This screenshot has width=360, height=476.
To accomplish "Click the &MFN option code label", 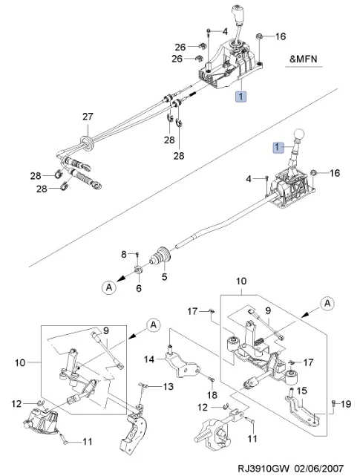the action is pyautogui.click(x=304, y=59).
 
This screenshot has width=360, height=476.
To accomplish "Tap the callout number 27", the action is pyautogui.click(x=88, y=117).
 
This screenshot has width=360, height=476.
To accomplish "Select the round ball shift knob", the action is pyautogui.click(x=299, y=134).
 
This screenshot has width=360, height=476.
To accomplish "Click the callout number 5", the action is pyautogui.click(x=164, y=276).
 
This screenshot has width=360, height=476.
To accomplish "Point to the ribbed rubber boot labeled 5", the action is pyautogui.click(x=160, y=258).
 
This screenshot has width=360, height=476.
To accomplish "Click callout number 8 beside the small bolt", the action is pyautogui.click(x=123, y=254).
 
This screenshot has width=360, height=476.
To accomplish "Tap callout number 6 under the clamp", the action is pyautogui.click(x=139, y=288).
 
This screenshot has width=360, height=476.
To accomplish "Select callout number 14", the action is pyautogui.click(x=149, y=359).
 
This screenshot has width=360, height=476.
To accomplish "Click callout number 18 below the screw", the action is pyautogui.click(x=212, y=394).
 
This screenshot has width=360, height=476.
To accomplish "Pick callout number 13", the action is pyautogui.click(x=168, y=386).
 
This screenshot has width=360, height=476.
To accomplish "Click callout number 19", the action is pyautogui.click(x=345, y=404).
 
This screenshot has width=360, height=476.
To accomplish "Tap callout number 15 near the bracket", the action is pyautogui.click(x=301, y=391).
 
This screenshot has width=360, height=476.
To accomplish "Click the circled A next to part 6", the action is pyautogui.click(x=109, y=287).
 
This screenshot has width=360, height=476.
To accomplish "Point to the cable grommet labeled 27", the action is pyautogui.click(x=87, y=142).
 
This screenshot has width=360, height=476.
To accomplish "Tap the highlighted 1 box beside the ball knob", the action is pyautogui.click(x=277, y=148).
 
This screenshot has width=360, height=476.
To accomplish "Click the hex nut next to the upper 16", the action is pyautogui.click(x=260, y=36).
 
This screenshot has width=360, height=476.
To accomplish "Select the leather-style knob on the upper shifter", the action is pyautogui.click(x=238, y=15).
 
